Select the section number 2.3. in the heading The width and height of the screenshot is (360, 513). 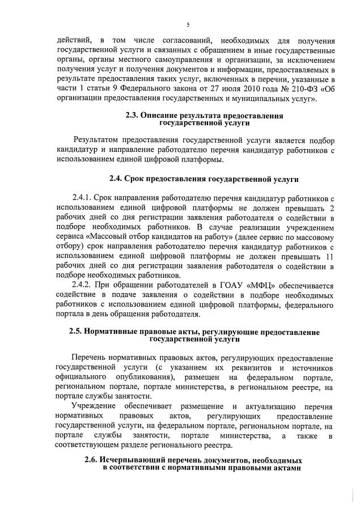pos(132,116)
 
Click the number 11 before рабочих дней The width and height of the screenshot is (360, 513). pos(329,256)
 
